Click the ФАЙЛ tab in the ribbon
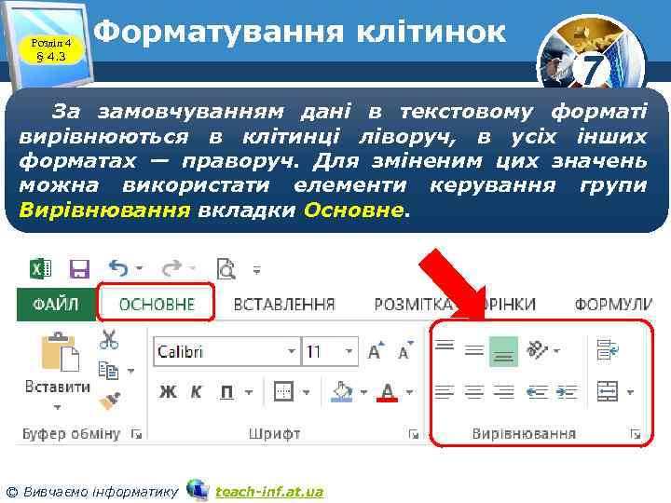(x=56, y=305)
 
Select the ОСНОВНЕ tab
(x=157, y=305)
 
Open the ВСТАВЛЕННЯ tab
(x=284, y=305)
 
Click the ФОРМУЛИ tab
(x=612, y=305)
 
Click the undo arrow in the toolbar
(x=118, y=268)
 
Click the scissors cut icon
(x=109, y=340)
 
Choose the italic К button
(x=196, y=392)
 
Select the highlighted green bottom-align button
(x=503, y=351)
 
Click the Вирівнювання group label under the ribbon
(x=524, y=433)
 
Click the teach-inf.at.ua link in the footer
(x=269, y=491)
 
